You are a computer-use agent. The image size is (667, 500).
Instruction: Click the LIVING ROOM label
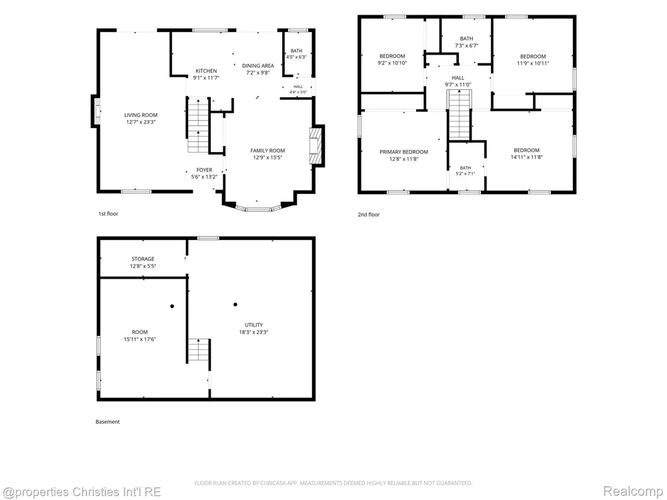pos(141,115)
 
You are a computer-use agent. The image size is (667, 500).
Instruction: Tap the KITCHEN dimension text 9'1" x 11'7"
pos(206,78)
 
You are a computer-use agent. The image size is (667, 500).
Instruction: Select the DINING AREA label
pos(257,65)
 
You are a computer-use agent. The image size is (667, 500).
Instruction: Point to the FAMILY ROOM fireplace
pos(316,146)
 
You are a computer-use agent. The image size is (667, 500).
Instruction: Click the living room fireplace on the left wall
pos(95,111)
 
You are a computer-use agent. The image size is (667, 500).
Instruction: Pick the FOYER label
pos(204,169)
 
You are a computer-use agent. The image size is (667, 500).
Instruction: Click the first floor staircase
pos(198,125)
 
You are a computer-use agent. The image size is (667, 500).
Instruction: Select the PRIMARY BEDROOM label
pos(404,152)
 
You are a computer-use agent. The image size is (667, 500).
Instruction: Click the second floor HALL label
pos(458,78)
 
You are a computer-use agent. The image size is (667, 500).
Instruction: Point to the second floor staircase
pos(459,115)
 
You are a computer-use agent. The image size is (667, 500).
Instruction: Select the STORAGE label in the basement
pos(143,259)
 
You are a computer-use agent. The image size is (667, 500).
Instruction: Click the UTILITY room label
pos(253,325)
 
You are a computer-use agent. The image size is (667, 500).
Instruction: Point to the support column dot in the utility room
pos(235,305)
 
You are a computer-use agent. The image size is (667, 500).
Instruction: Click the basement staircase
pos(199,350)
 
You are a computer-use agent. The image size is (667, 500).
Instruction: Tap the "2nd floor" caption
pos(368,215)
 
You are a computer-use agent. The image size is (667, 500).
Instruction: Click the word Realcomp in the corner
pos(632,491)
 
